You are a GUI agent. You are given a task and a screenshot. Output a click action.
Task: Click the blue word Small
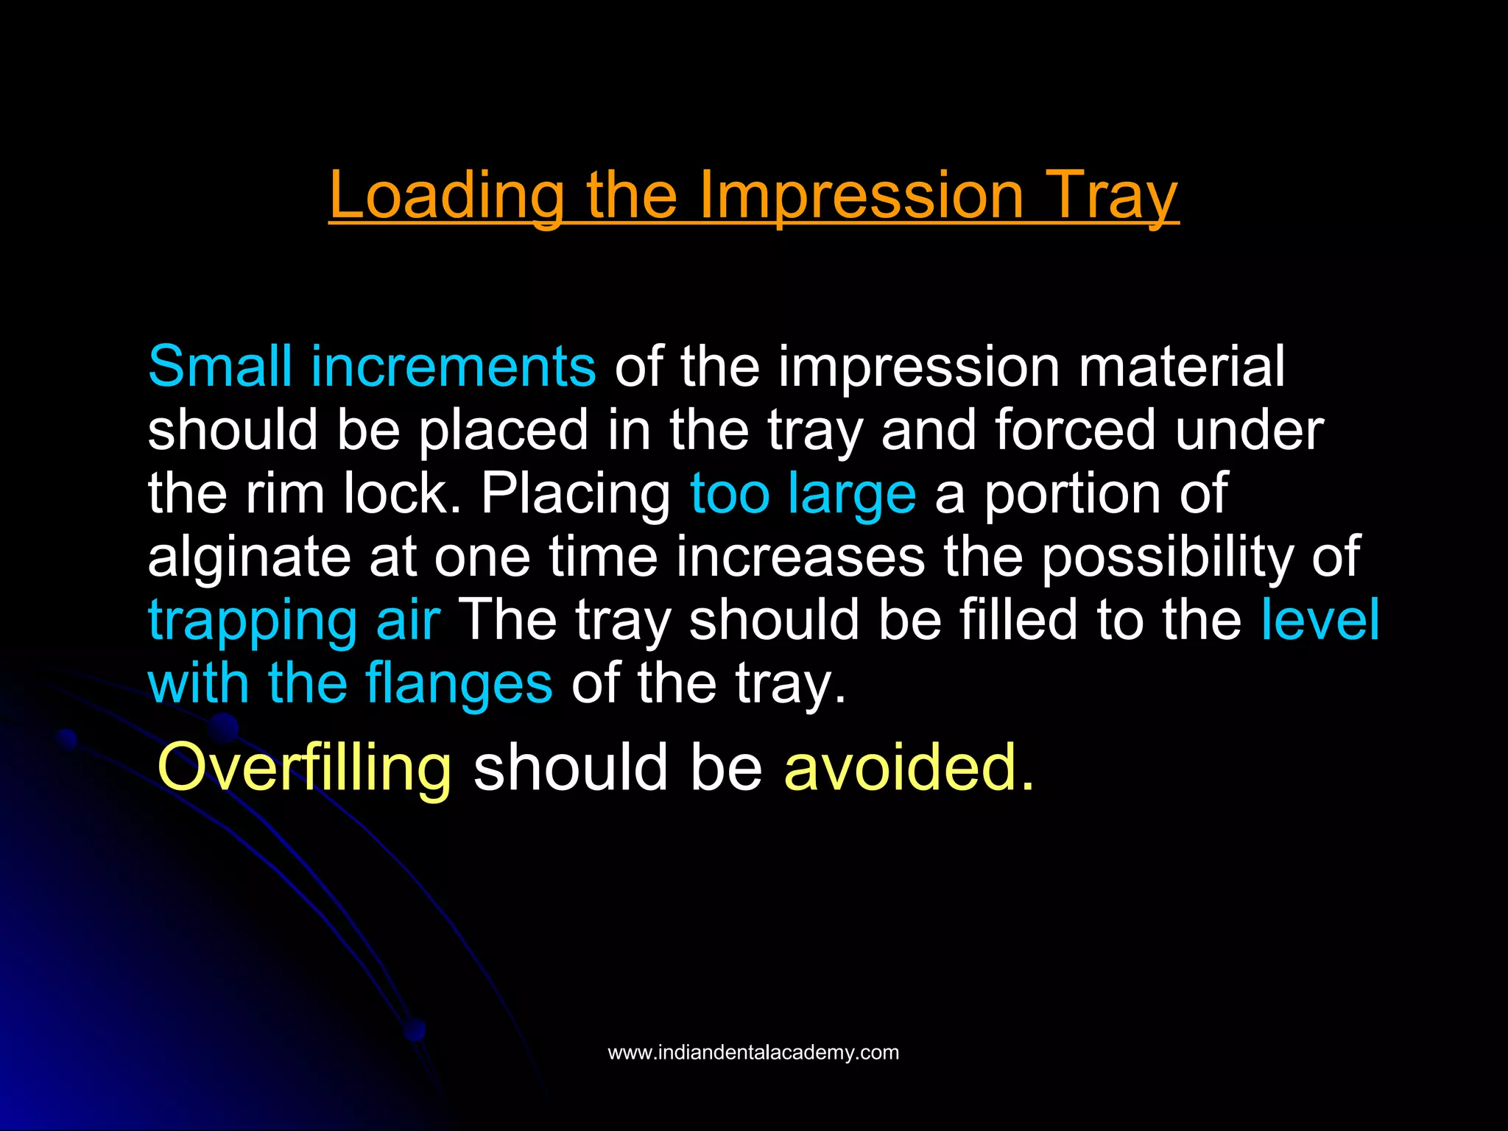[x=219, y=366]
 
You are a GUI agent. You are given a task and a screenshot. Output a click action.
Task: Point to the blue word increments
[x=453, y=366]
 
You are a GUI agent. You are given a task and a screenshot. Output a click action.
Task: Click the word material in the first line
[x=1181, y=366]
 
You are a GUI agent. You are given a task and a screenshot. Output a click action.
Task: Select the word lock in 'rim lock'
[x=402, y=493]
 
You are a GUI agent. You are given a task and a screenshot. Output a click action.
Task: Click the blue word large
[x=852, y=494]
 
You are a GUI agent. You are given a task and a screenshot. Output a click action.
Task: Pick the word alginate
[x=249, y=557]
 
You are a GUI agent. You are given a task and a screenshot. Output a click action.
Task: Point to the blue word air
[x=408, y=619]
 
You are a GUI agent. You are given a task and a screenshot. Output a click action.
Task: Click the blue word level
[x=1319, y=619]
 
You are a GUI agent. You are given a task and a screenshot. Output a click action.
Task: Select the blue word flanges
[x=458, y=684]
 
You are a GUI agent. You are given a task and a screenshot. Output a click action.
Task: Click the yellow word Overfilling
[x=304, y=768]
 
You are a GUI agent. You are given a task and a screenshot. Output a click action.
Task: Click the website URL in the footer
[x=753, y=1052]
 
